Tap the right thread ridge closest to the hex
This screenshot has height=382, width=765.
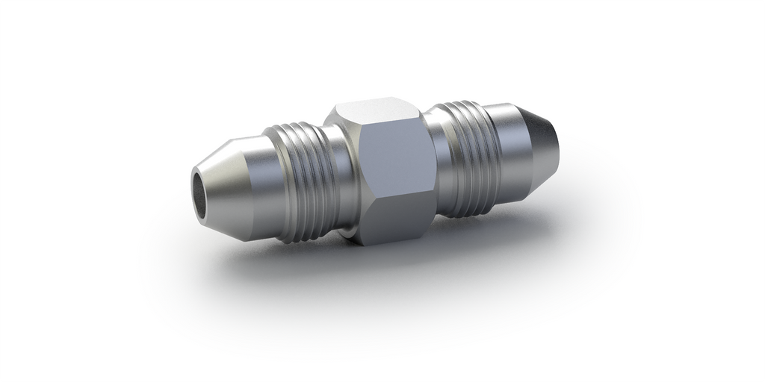point(453,160)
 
